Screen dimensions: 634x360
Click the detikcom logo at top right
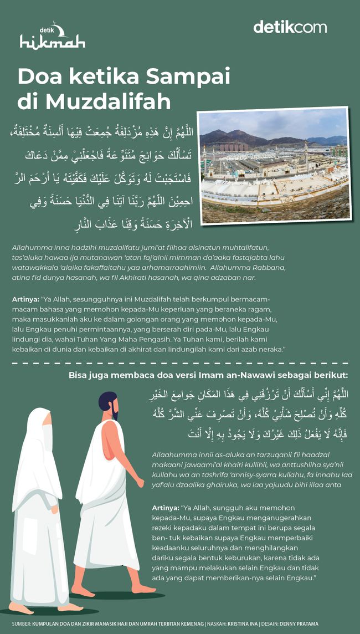click(290, 27)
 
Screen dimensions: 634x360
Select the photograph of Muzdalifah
click(275, 166)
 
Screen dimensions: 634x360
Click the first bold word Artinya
click(25, 299)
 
